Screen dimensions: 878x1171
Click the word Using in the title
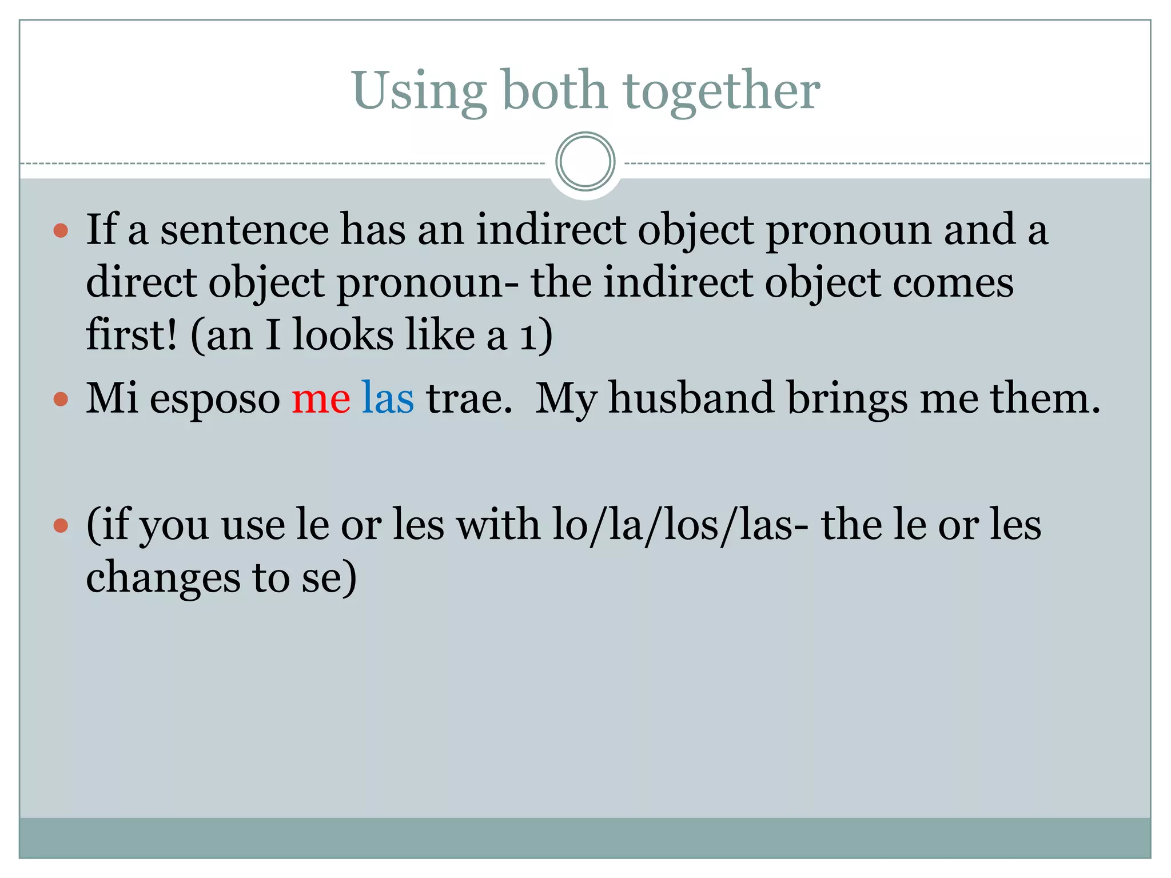[419, 91]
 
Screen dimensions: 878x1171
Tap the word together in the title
[722, 91]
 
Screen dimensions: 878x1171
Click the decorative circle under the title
[585, 161]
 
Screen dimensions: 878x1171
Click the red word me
[321, 398]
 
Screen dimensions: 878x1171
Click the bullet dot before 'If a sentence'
[61, 231]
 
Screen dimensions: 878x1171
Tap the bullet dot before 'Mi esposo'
[61, 398]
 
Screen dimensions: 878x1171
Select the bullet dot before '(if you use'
[61, 525]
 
